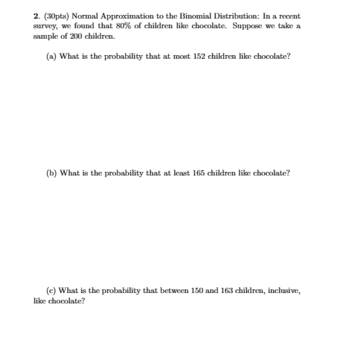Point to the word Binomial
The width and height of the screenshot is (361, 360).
(x=194, y=16)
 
